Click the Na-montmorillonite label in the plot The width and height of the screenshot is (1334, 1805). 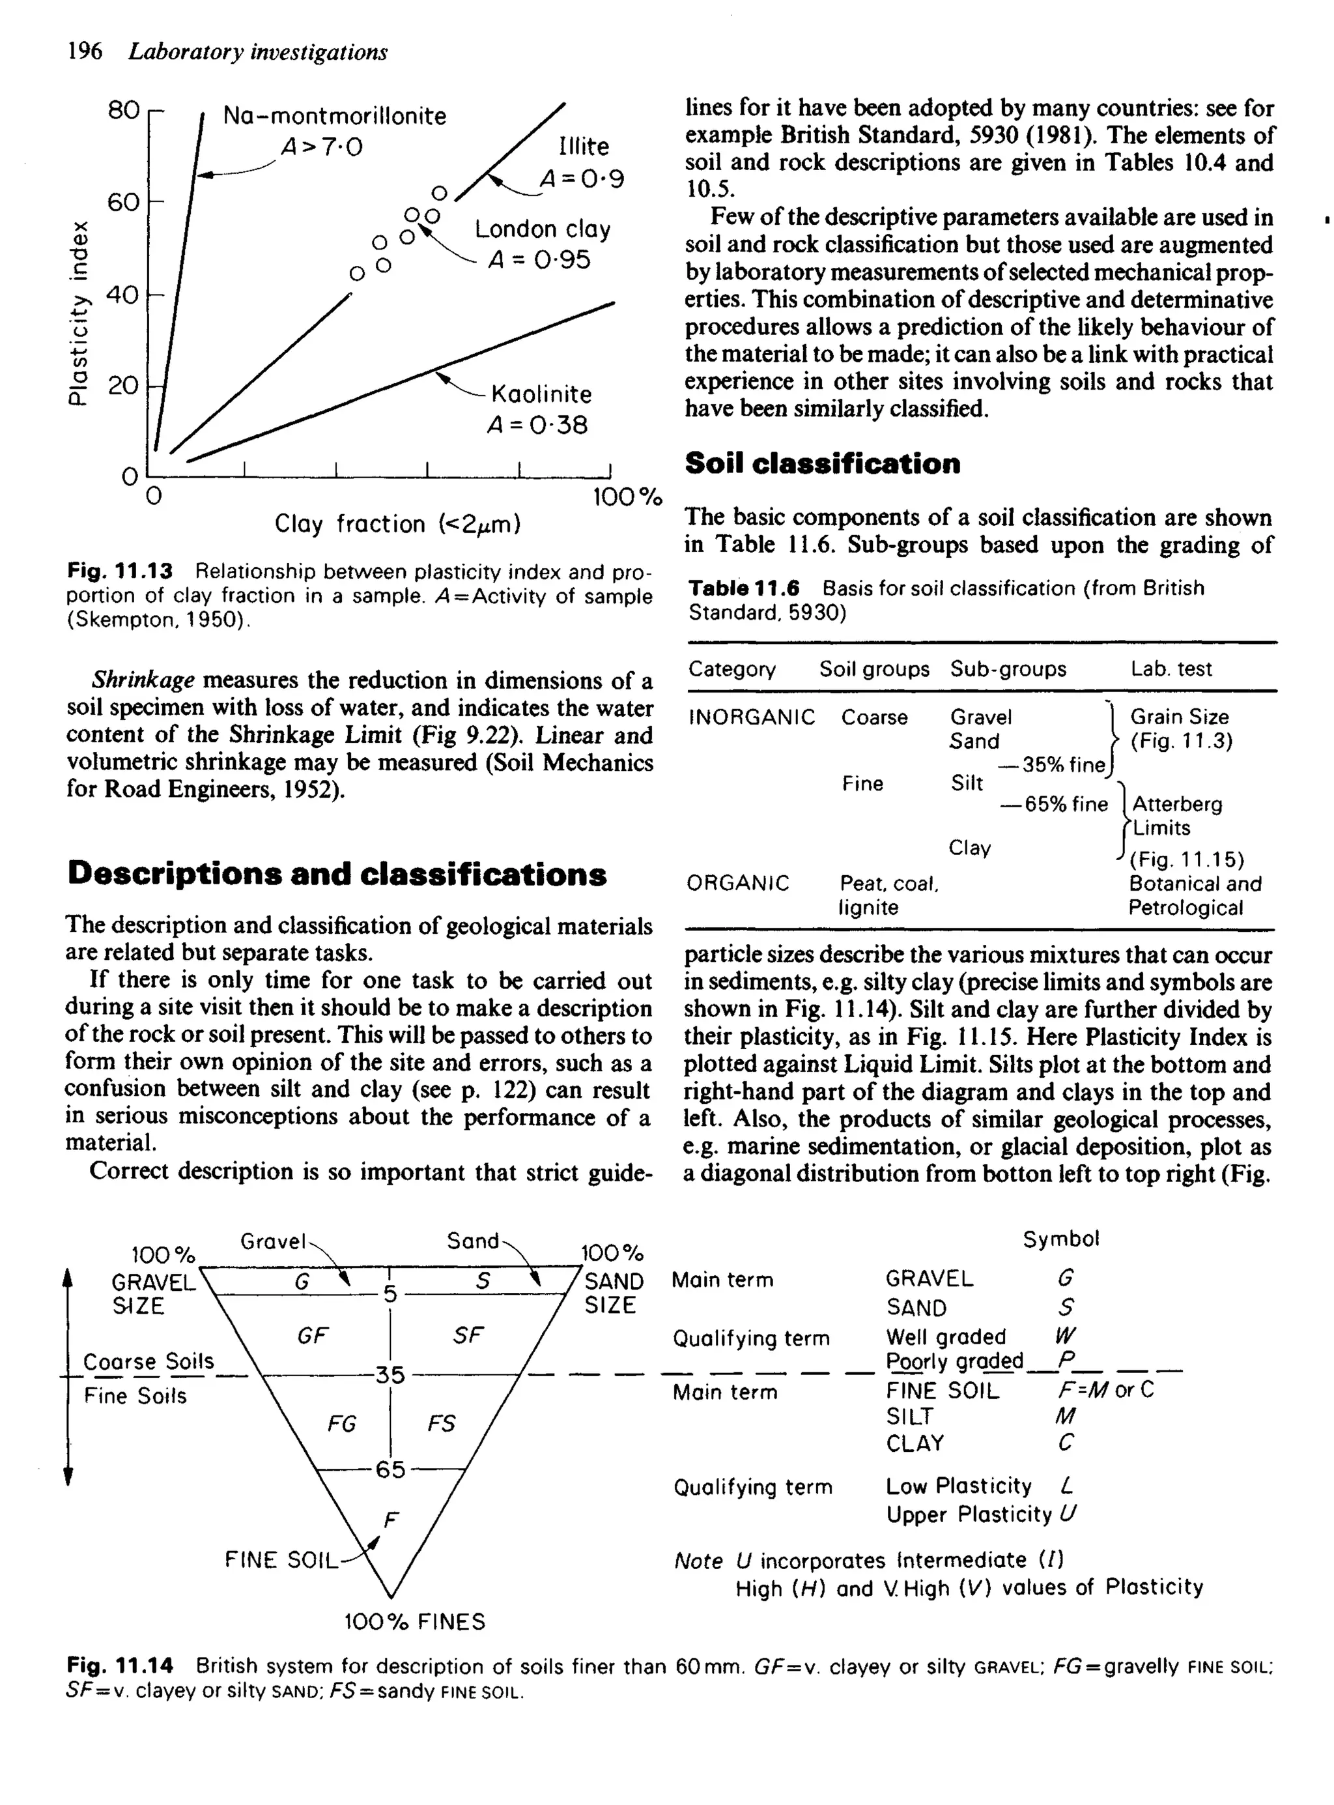[334, 116]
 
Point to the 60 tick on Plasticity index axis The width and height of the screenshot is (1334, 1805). [124, 202]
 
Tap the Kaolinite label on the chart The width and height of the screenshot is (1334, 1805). [541, 394]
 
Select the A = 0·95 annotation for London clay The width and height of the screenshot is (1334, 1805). [539, 260]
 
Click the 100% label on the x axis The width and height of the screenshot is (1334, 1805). [627, 497]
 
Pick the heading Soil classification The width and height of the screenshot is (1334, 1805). [822, 463]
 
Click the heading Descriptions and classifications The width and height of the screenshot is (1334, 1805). [337, 874]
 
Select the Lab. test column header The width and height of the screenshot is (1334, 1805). [1171, 669]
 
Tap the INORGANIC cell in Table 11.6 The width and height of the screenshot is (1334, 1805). [751, 717]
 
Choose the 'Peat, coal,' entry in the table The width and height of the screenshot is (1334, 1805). [888, 884]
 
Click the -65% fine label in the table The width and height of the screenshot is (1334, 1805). [1054, 804]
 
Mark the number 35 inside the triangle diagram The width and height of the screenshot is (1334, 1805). [390, 1374]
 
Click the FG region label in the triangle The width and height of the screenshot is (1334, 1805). [341, 1424]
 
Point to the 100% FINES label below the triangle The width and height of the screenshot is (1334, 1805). [414, 1622]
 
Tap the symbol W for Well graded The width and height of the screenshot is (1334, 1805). [1065, 1336]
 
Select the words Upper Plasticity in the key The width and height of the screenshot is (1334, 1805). [968, 1515]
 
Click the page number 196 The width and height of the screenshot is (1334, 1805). [85, 51]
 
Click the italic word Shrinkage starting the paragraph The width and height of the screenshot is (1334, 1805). [143, 680]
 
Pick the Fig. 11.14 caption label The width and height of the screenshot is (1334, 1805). [121, 1666]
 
